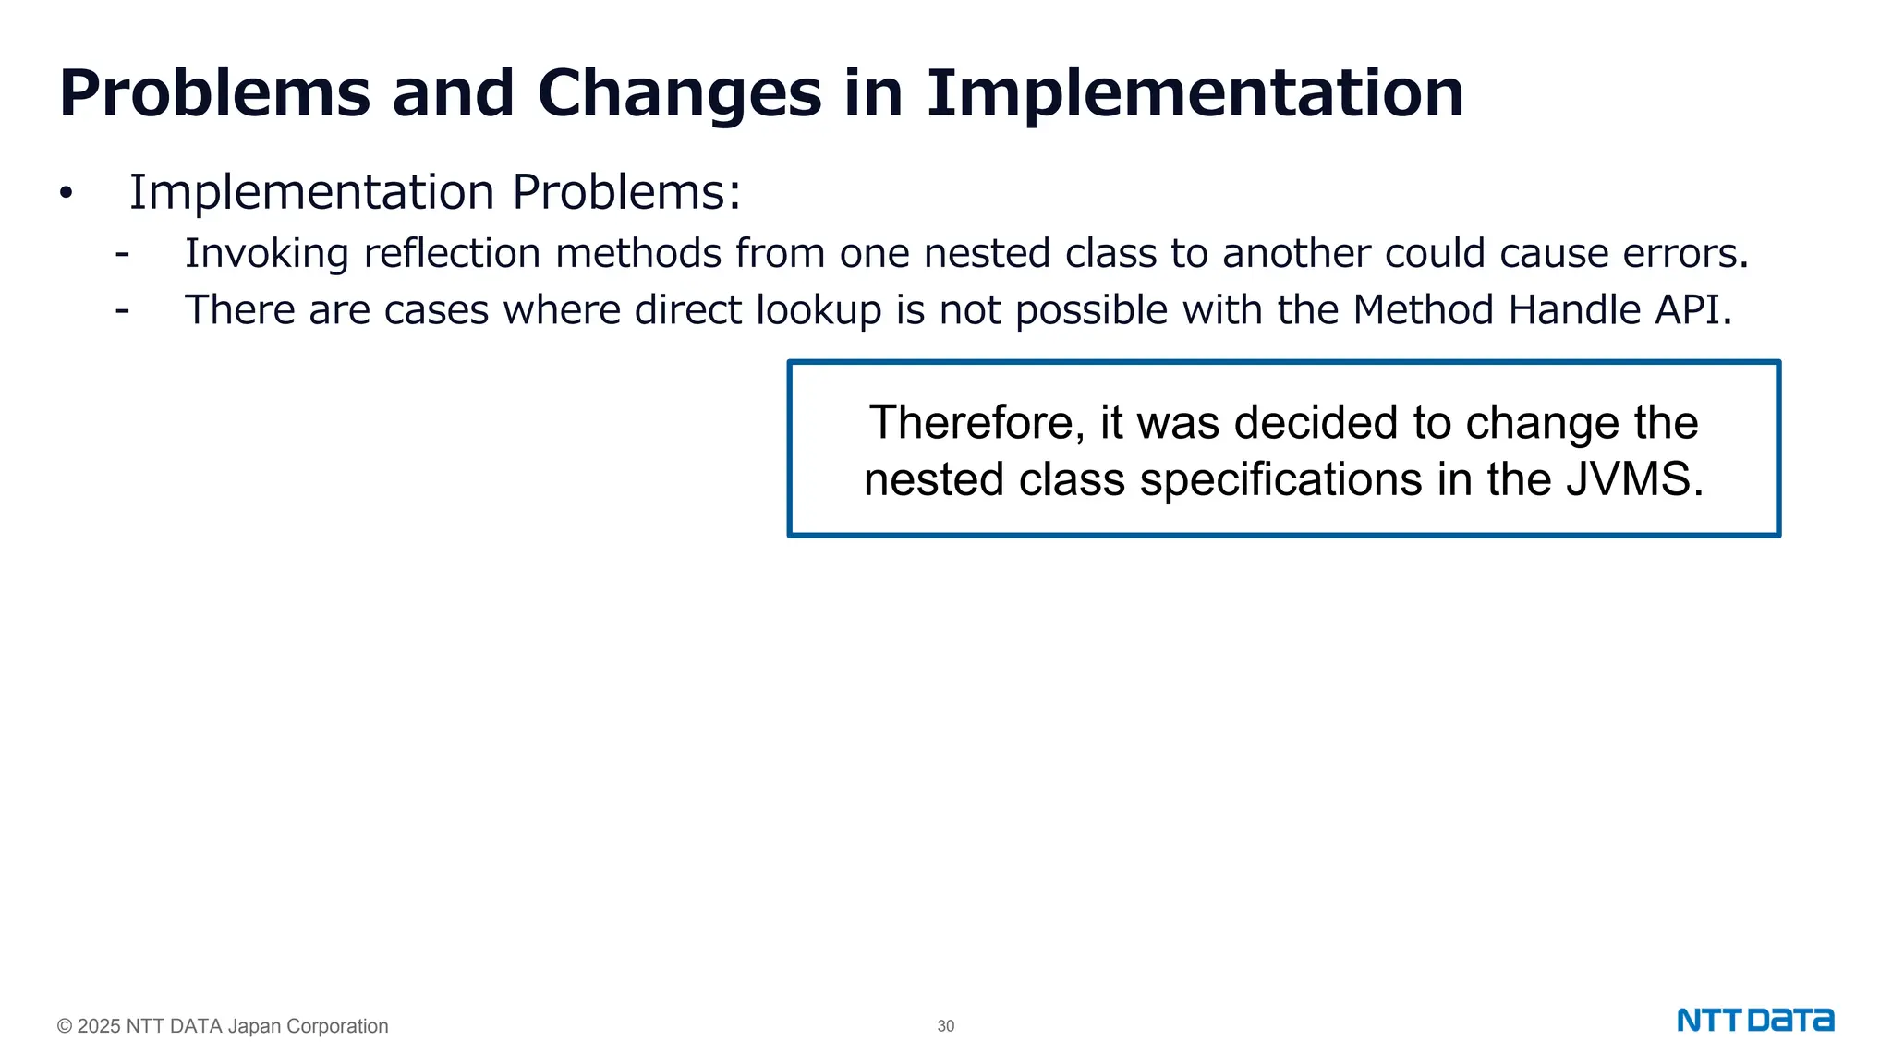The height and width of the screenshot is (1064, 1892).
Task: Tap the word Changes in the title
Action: click(x=679, y=93)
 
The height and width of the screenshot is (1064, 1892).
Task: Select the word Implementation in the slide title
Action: click(x=1195, y=93)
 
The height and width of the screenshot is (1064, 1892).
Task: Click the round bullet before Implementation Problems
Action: click(x=66, y=194)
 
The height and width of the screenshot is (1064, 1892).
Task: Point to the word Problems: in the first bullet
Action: click(x=626, y=193)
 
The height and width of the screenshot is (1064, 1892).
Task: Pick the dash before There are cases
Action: click(x=122, y=311)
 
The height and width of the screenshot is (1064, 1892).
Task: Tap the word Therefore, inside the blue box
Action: click(x=976, y=423)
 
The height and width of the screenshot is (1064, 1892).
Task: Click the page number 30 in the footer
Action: click(x=945, y=1026)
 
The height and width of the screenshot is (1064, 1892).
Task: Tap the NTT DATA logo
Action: click(x=1755, y=1021)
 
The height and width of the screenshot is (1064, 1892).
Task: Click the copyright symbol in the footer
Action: click(x=65, y=1026)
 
